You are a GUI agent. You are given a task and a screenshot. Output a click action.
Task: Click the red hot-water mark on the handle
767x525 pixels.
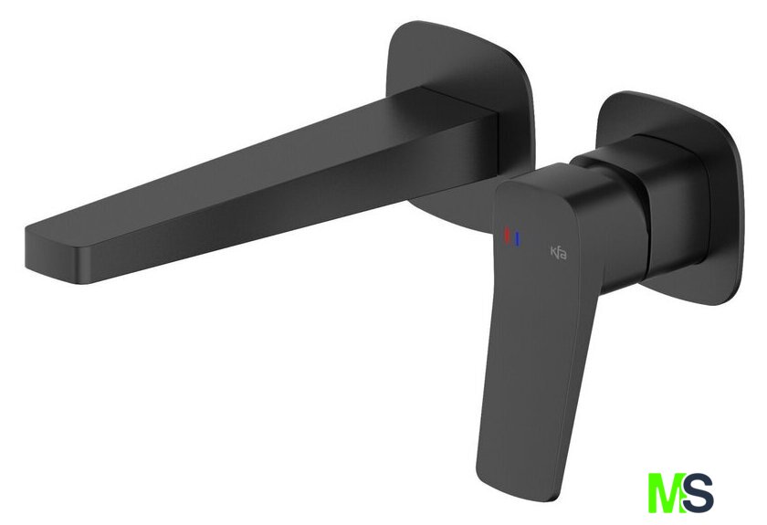pyautogui.click(x=508, y=234)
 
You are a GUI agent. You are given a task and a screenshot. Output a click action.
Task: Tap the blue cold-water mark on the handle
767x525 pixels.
pyautogui.click(x=518, y=239)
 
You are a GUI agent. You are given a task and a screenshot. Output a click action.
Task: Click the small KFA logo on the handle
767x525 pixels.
pyautogui.click(x=559, y=253)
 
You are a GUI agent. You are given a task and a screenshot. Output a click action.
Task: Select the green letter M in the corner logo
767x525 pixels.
pyautogui.click(x=666, y=492)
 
